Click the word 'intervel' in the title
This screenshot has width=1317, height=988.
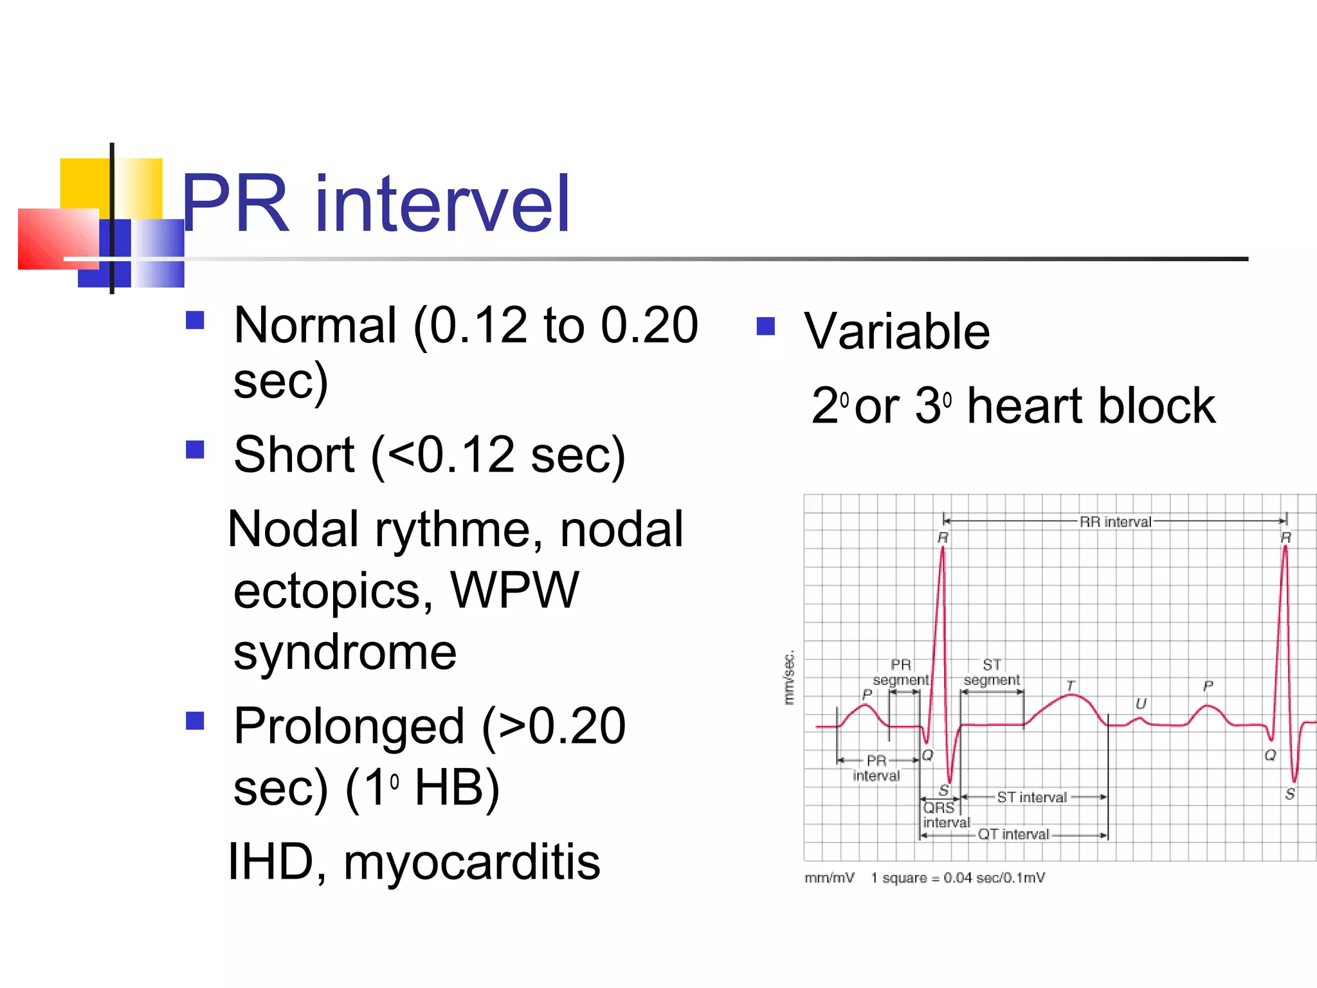[x=442, y=205]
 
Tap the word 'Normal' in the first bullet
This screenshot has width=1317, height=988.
[x=315, y=326]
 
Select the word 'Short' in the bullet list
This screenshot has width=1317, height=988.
[x=294, y=455]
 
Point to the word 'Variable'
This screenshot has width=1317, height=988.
[x=896, y=331]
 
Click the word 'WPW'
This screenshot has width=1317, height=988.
[x=514, y=590]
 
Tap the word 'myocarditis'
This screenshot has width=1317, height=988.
[x=471, y=862]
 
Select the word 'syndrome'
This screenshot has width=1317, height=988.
[x=345, y=653]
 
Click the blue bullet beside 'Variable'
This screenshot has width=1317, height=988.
[x=766, y=326]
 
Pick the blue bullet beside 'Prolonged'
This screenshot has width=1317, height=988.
[x=195, y=720]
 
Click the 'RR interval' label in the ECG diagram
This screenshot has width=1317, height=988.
[x=1115, y=522]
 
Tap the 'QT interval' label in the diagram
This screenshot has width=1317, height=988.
[x=1013, y=835]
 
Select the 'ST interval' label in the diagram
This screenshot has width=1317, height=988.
[x=1031, y=798]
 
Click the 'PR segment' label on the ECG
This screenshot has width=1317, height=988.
[x=900, y=672]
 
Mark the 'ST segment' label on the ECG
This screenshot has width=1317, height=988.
[x=992, y=672]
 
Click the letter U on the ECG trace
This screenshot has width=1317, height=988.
[x=1141, y=704]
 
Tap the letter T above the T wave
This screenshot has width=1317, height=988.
[x=1070, y=686]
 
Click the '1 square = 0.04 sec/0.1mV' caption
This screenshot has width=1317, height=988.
[x=958, y=878]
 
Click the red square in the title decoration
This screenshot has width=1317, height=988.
[x=58, y=239]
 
